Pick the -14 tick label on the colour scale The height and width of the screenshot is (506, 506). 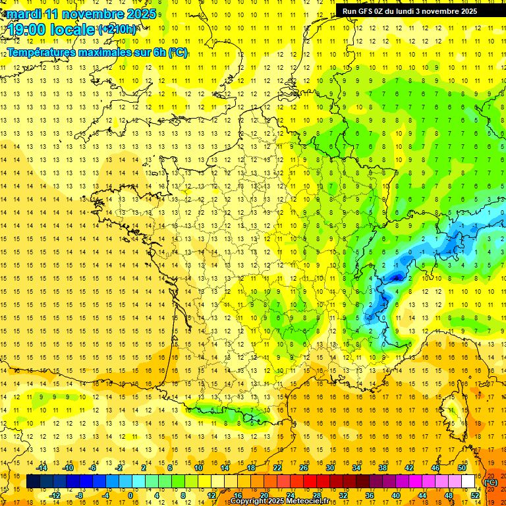click(x=42, y=468)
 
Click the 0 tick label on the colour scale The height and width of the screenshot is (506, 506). click(x=130, y=495)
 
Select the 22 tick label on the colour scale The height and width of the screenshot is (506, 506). click(x=277, y=468)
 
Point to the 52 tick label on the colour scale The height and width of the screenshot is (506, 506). click(x=475, y=495)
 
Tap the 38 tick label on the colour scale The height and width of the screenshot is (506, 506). click(x=383, y=468)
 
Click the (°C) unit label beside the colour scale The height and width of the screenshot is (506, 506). click(x=490, y=482)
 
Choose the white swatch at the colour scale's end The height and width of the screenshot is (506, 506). click(x=468, y=482)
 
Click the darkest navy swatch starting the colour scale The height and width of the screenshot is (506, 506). click(x=34, y=482)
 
